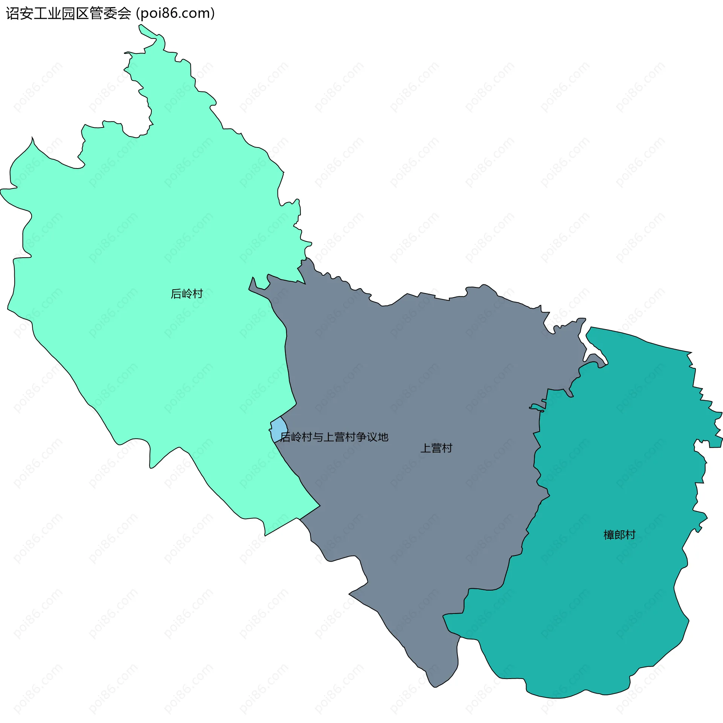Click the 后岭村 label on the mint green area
[x=187, y=293]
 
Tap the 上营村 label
[x=436, y=448]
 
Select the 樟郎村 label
[x=619, y=535]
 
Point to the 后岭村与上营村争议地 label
[x=334, y=437]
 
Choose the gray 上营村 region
[x=414, y=376]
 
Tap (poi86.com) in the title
[x=175, y=14]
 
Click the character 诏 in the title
[x=12, y=14]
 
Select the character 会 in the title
[x=124, y=14]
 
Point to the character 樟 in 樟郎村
[x=609, y=535]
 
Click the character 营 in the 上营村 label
[x=436, y=448]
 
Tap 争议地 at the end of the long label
[x=372, y=437]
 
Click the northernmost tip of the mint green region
[x=140, y=26]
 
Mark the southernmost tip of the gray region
[x=435, y=687]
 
